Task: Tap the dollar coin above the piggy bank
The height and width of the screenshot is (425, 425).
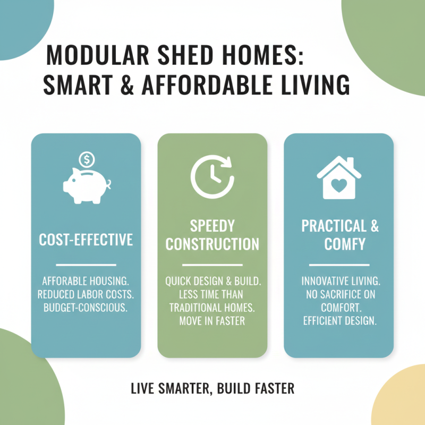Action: pos(86,159)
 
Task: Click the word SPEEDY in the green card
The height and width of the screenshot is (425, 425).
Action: pos(212,226)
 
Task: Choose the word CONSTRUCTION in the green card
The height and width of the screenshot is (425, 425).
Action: pos(212,244)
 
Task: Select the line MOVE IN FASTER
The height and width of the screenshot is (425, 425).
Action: pos(212,321)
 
